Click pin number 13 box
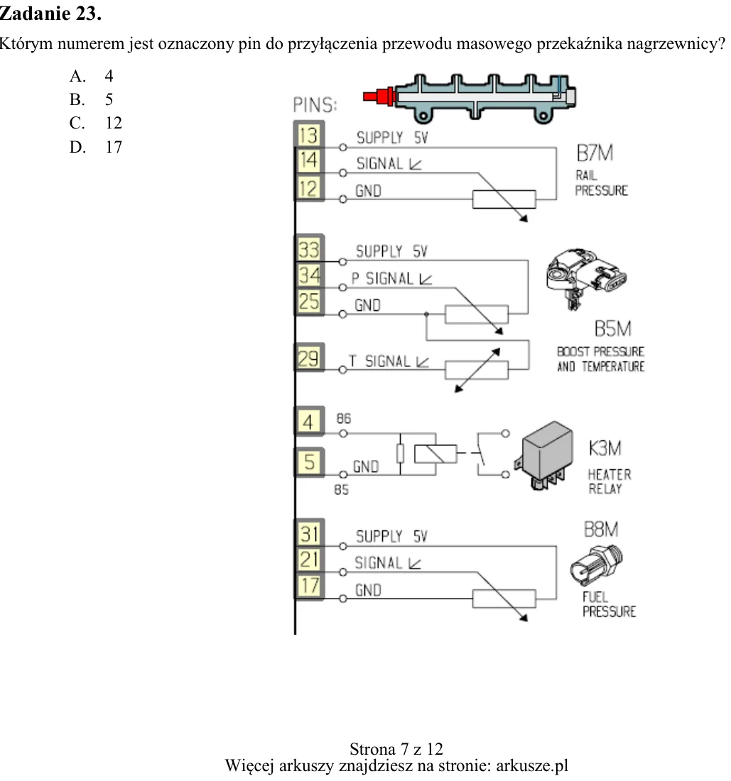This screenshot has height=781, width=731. [x=308, y=135]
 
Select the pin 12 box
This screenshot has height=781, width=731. [x=308, y=188]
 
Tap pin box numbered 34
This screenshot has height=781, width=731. [x=309, y=275]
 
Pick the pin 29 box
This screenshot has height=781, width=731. [x=309, y=358]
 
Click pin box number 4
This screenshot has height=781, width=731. [x=309, y=422]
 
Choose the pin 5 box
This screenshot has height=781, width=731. [x=309, y=461]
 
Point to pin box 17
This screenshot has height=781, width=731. [x=309, y=586]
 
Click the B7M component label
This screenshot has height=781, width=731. [x=595, y=153]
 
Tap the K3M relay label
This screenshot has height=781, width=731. [x=605, y=448]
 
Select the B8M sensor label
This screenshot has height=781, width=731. [x=601, y=530]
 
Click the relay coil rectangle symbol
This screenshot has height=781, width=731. [x=435, y=454]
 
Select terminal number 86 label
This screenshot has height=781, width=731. [x=343, y=418]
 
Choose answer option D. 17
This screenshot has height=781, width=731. [x=96, y=147]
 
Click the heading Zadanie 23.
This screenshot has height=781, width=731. [x=50, y=13]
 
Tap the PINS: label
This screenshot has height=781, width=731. [x=315, y=105]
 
